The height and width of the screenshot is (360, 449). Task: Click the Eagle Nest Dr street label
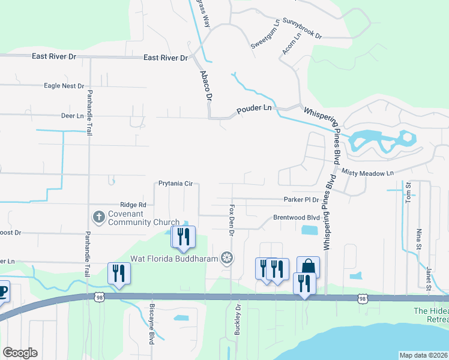tap(64, 86)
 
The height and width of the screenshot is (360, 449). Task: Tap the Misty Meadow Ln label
tap(367, 173)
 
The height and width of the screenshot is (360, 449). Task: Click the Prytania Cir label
tap(175, 184)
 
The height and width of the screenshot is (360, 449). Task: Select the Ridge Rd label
tap(133, 205)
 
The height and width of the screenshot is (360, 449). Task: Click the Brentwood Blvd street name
tap(297, 218)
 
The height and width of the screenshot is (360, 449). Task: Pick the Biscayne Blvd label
tap(151, 328)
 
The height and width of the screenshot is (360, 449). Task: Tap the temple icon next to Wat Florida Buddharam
tap(226, 258)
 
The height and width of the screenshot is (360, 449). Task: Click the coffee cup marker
tap(2, 292)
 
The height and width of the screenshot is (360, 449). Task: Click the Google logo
tap(20, 353)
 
